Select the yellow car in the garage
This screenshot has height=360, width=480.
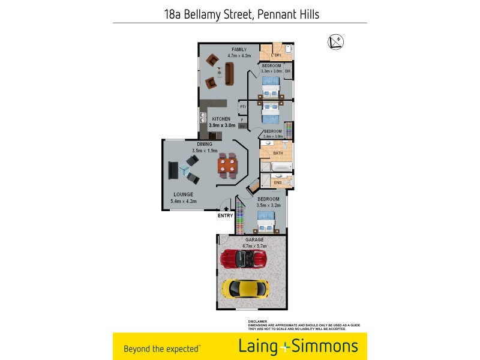(245, 288)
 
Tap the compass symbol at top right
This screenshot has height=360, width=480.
(335, 42)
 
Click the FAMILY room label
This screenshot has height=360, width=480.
(239, 49)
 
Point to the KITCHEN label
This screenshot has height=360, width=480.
(221, 119)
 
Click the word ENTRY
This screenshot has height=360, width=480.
(226, 215)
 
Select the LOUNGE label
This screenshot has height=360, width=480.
(183, 194)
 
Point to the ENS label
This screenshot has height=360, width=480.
(277, 182)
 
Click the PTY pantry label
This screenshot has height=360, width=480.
(243, 107)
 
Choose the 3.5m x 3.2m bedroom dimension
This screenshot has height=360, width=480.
(268, 205)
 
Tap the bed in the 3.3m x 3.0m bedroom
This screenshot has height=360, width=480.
(271, 86)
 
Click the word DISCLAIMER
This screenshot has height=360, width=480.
(258, 322)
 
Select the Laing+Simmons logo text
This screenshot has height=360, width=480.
(298, 346)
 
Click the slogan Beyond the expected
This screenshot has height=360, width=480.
(161, 348)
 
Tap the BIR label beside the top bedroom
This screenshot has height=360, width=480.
(288, 71)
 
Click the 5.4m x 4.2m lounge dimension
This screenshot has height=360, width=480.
(184, 201)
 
